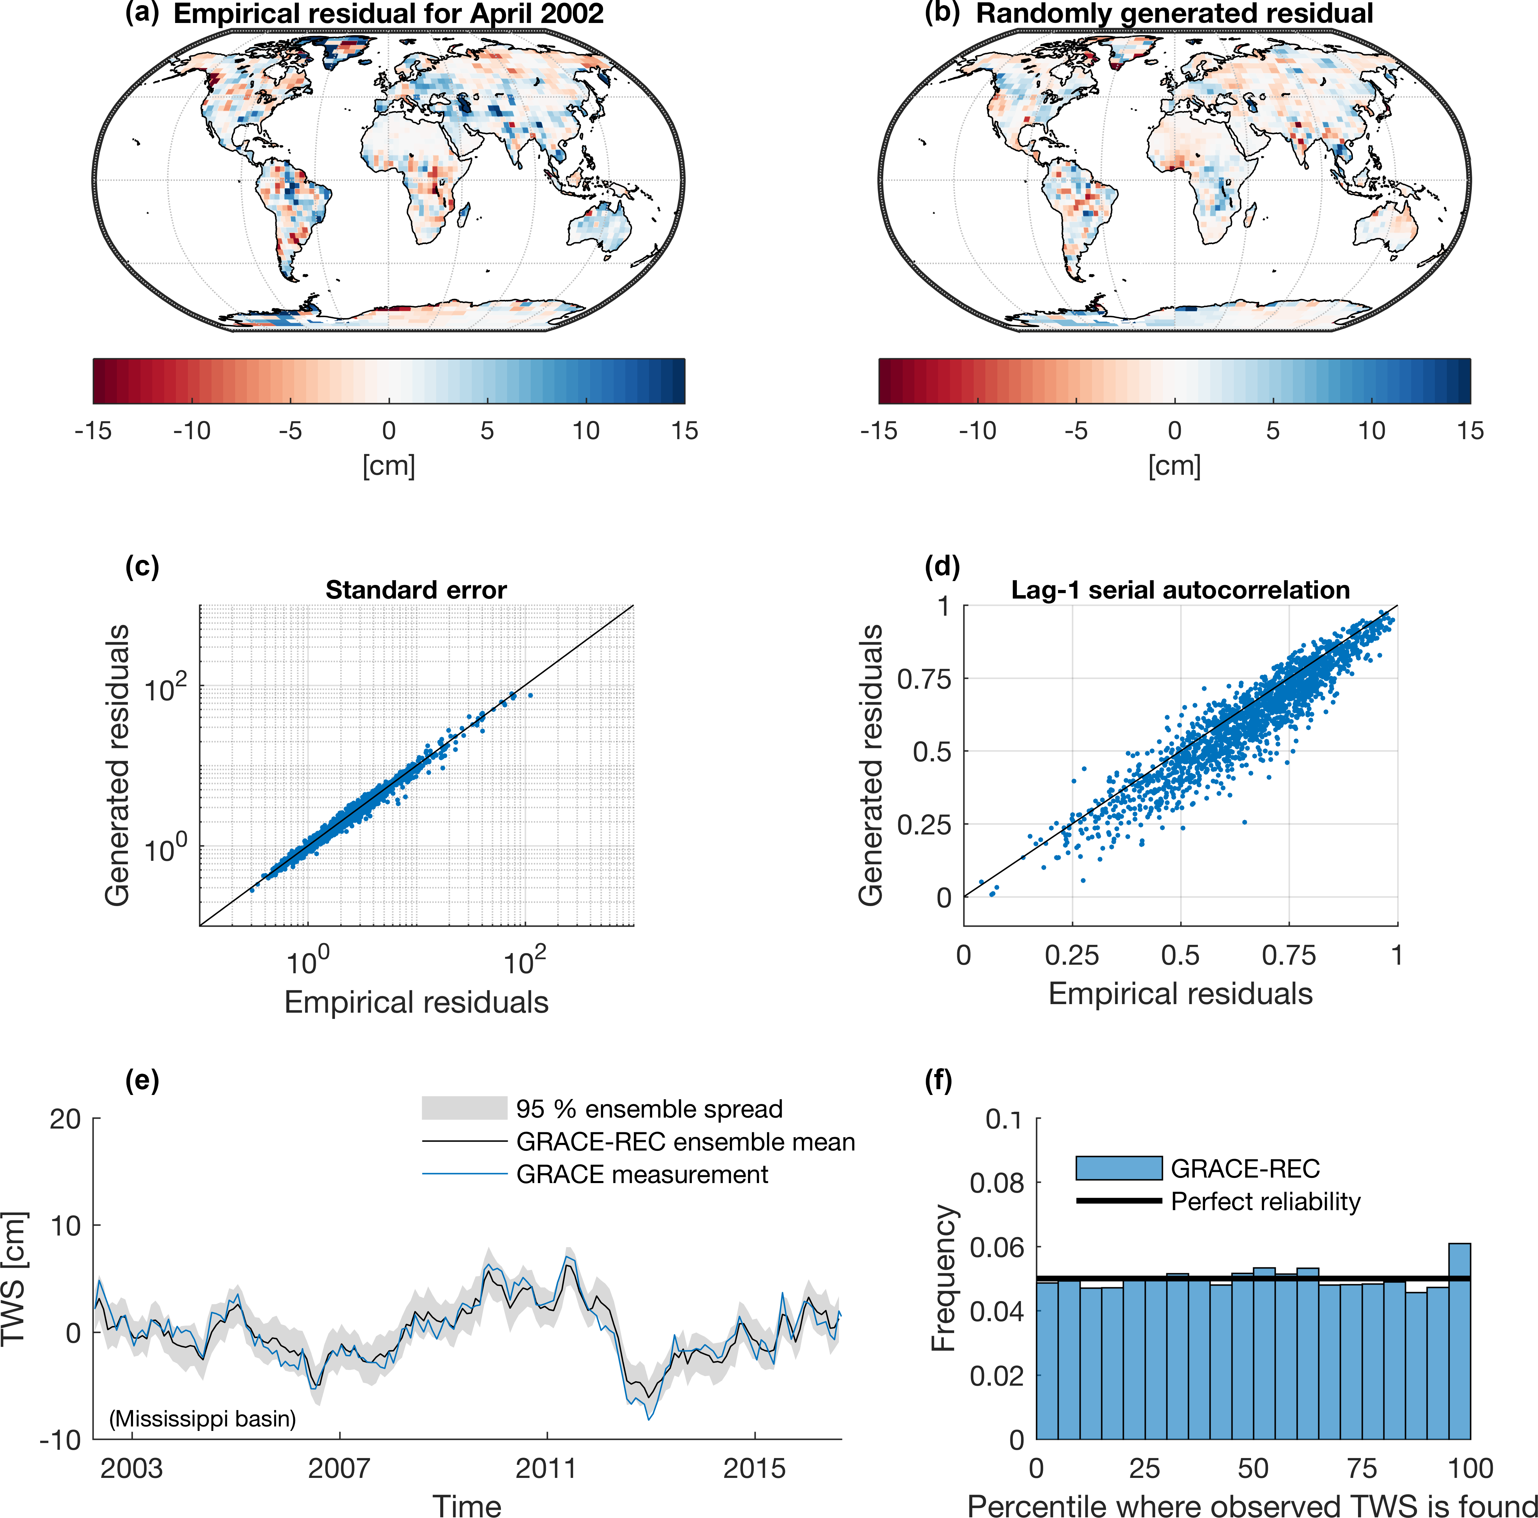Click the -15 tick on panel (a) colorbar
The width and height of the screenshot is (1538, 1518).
(x=93, y=431)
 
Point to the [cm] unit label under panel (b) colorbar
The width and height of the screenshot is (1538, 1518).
(x=1174, y=466)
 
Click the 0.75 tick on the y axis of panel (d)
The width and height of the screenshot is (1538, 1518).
(x=923, y=679)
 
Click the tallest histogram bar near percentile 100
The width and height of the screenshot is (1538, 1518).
(x=1459, y=1345)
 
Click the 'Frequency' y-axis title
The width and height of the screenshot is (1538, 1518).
(x=944, y=1278)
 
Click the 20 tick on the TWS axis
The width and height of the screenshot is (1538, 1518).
(x=65, y=1119)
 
